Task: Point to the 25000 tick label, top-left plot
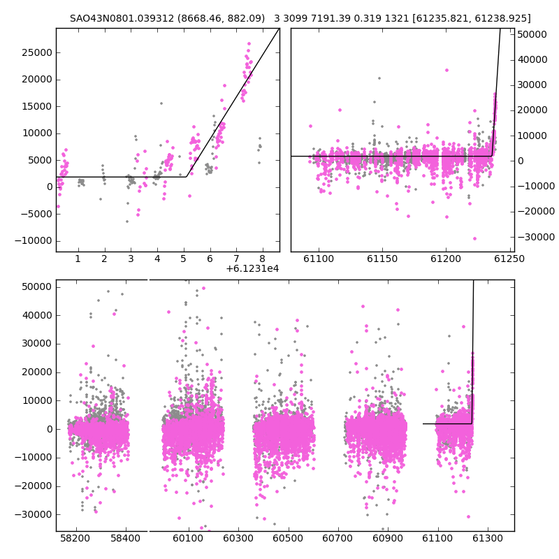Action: [37, 53]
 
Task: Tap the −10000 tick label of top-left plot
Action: [34, 241]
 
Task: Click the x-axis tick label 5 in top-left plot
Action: [183, 259]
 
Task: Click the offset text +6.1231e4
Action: [252, 268]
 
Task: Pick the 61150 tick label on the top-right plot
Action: [382, 259]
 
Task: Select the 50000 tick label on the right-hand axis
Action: [532, 34]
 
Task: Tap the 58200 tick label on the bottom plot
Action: [75, 538]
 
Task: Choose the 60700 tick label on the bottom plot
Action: [337, 538]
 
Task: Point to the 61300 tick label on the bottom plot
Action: [487, 538]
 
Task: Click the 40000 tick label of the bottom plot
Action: [37, 316]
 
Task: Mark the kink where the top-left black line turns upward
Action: [187, 177]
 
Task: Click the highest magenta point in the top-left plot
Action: [249, 44]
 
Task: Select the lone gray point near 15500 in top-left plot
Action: [161, 103]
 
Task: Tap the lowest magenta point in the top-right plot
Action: [474, 238]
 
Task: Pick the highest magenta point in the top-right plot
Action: [447, 71]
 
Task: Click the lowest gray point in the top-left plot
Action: [127, 222]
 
